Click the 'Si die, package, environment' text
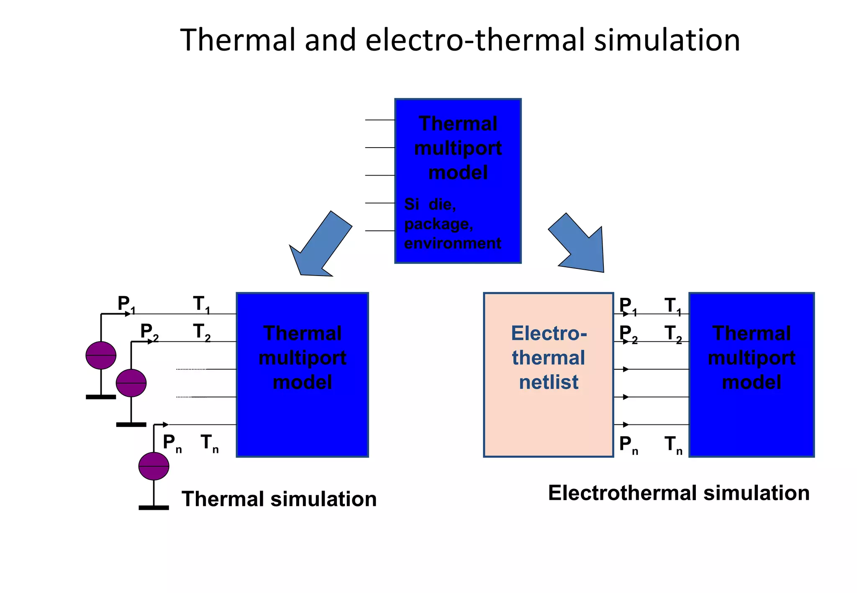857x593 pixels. (452, 224)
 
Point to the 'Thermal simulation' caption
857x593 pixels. (279, 499)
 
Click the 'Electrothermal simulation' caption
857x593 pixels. (678, 493)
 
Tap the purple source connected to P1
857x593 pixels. (101, 355)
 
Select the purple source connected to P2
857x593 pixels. (131, 383)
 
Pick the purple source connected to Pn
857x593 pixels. (154, 466)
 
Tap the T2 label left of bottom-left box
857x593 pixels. (201, 332)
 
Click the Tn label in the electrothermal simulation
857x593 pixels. (673, 445)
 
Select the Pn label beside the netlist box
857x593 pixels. (628, 445)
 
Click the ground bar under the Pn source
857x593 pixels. (154, 508)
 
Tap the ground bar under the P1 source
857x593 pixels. (101, 397)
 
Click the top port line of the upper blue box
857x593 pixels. (380, 120)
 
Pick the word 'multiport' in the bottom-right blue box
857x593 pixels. (752, 358)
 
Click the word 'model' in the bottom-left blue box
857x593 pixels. (302, 382)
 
